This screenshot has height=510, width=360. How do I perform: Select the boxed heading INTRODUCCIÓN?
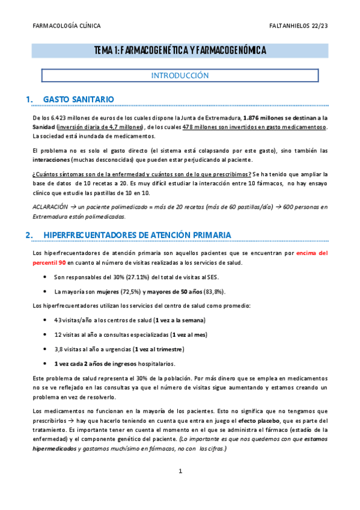click(x=180, y=76)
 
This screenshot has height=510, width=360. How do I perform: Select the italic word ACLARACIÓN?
click(x=51, y=207)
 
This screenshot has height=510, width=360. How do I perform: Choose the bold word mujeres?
click(x=113, y=292)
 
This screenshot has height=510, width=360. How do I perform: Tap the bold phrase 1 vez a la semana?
click(x=180, y=320)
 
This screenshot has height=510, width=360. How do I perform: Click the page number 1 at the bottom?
click(x=180, y=488)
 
